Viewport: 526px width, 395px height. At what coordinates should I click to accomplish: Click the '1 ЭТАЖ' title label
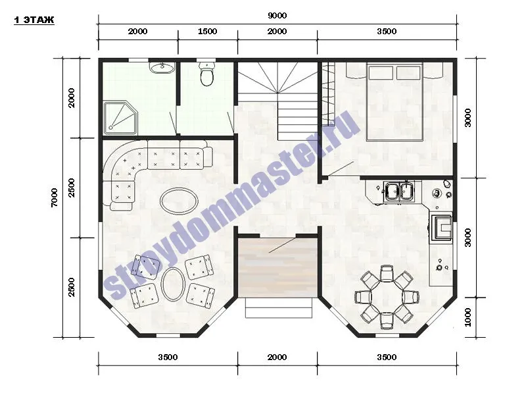(x=34, y=20)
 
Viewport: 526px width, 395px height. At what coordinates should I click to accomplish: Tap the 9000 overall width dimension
(x=277, y=15)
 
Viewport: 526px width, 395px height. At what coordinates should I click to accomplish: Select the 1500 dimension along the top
(x=207, y=31)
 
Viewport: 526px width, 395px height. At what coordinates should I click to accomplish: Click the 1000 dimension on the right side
(x=468, y=317)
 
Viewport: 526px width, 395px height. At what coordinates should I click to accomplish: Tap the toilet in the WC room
(x=206, y=73)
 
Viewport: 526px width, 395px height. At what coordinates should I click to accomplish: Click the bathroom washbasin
(x=162, y=68)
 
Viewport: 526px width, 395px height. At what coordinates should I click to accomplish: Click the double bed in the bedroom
(x=394, y=101)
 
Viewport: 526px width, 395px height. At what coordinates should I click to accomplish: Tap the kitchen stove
(x=441, y=227)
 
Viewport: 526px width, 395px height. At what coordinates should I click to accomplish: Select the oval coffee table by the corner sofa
(x=179, y=201)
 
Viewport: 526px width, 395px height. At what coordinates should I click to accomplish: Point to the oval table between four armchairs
(x=173, y=283)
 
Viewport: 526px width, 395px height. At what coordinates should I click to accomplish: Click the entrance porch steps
(x=279, y=307)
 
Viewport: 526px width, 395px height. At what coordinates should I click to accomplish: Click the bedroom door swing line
(x=341, y=169)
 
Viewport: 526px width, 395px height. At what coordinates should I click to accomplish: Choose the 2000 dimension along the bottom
(x=277, y=357)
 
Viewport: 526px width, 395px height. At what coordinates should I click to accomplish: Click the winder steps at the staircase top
(x=277, y=78)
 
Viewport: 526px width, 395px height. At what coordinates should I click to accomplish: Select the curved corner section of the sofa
(x=124, y=161)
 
